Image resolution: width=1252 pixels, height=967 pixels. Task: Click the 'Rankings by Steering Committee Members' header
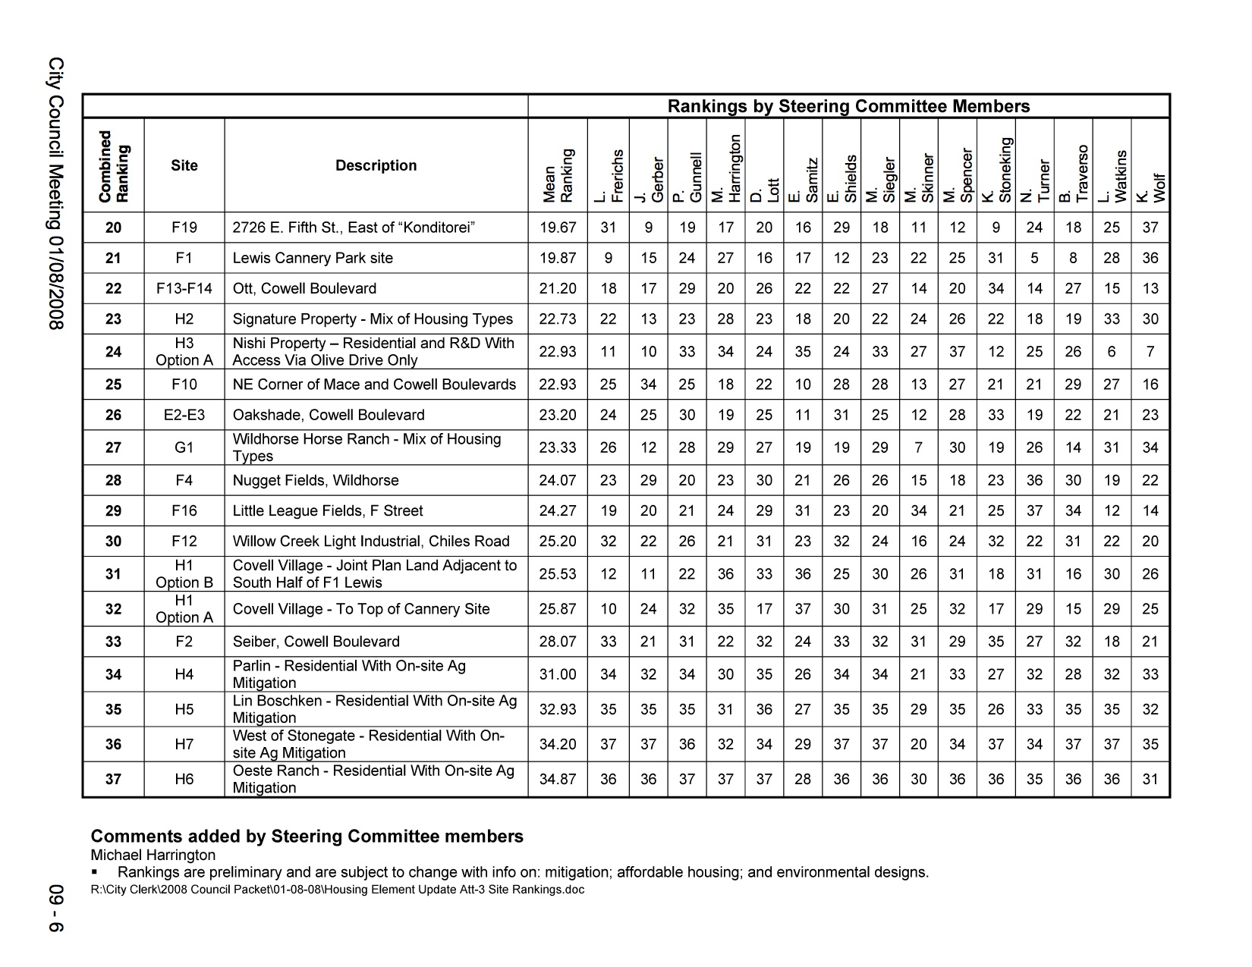click(x=848, y=106)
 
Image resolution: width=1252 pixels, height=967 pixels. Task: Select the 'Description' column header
click(x=376, y=165)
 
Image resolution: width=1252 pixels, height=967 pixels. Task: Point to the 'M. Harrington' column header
click(x=726, y=168)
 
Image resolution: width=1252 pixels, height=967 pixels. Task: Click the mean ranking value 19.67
click(x=558, y=228)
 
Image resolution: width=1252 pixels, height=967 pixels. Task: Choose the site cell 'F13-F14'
click(x=184, y=289)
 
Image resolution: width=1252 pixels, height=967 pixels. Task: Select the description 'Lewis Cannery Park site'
click(x=313, y=258)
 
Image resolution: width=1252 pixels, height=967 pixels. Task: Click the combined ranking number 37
click(x=113, y=779)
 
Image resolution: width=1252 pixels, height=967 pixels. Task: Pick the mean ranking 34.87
click(x=558, y=779)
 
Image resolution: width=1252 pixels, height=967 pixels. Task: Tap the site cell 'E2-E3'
click(x=184, y=415)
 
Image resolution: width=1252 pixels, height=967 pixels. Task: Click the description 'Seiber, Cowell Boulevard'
click(x=316, y=642)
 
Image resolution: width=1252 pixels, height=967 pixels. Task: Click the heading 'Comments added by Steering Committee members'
click(x=307, y=837)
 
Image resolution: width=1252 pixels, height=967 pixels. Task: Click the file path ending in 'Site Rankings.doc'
click(x=337, y=890)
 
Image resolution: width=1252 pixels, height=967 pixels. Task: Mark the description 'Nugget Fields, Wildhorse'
click(x=315, y=480)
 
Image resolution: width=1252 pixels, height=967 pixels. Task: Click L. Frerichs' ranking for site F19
click(x=609, y=228)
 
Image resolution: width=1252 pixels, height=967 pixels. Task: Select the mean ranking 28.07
click(x=558, y=642)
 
